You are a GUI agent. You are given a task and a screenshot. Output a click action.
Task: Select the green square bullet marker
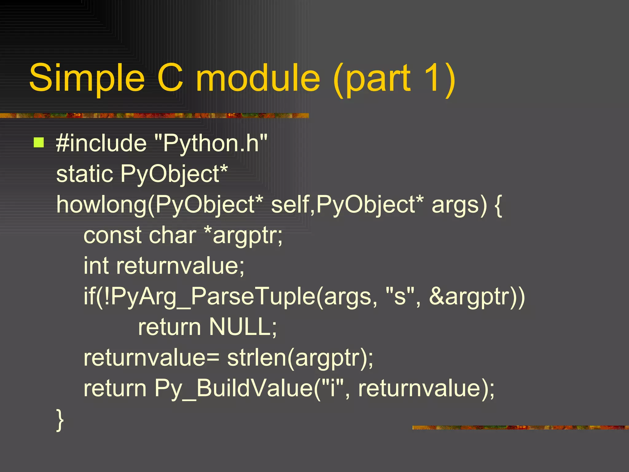(39, 143)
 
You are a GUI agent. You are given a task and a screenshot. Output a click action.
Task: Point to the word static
(84, 174)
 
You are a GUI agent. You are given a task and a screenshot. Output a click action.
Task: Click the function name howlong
(101, 205)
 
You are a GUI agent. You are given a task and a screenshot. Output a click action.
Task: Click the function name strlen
(256, 358)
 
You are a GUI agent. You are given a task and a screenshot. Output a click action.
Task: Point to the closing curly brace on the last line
(60, 420)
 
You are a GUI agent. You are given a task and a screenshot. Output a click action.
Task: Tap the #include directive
(101, 143)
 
